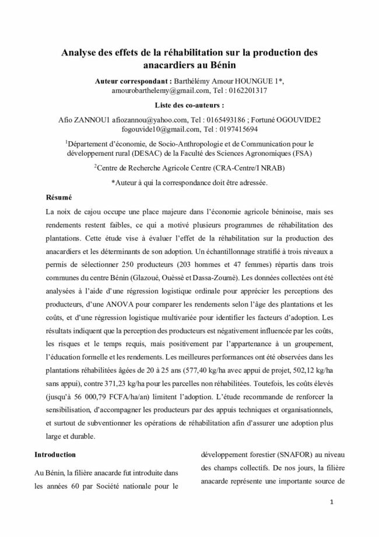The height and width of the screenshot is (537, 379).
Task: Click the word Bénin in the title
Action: (x=223, y=65)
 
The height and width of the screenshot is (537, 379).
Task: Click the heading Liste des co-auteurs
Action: (x=190, y=106)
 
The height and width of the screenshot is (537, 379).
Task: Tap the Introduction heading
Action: (x=55, y=454)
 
